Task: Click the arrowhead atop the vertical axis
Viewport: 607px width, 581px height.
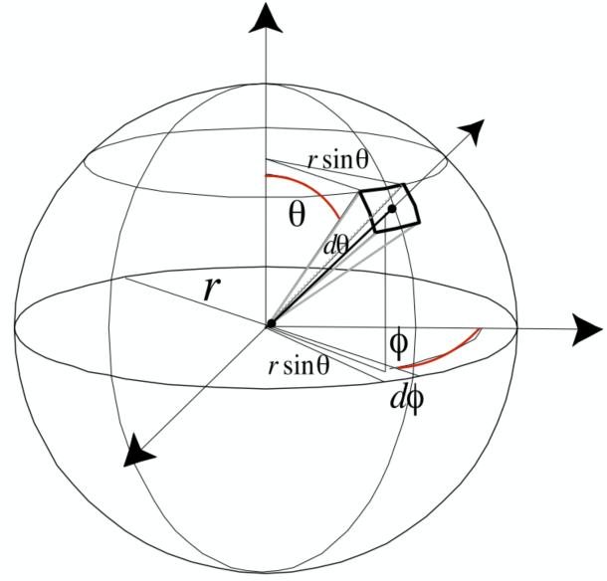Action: [266, 18]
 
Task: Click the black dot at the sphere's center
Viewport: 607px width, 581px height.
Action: [270, 324]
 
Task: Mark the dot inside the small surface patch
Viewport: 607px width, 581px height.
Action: [393, 208]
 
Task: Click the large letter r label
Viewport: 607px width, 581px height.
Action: [211, 290]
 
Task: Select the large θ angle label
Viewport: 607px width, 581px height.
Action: [297, 214]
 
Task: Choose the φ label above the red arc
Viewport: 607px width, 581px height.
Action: [398, 344]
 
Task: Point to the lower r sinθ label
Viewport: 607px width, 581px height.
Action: [301, 366]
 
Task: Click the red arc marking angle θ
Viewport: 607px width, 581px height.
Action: [308, 189]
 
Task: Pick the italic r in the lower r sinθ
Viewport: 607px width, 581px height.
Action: [273, 367]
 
